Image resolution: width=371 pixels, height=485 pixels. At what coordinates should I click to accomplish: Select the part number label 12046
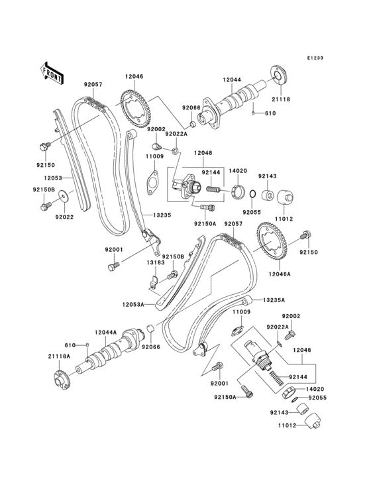click(134, 78)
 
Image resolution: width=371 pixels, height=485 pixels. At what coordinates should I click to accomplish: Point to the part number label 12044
click(233, 80)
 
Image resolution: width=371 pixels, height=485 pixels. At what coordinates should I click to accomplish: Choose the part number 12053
click(54, 178)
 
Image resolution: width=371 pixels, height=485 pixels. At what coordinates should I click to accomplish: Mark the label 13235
click(163, 215)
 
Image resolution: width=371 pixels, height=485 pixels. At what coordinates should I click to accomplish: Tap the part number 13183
click(156, 262)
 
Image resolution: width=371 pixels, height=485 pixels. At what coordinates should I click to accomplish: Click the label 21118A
click(58, 357)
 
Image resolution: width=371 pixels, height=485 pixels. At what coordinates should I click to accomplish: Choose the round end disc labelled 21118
click(277, 74)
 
